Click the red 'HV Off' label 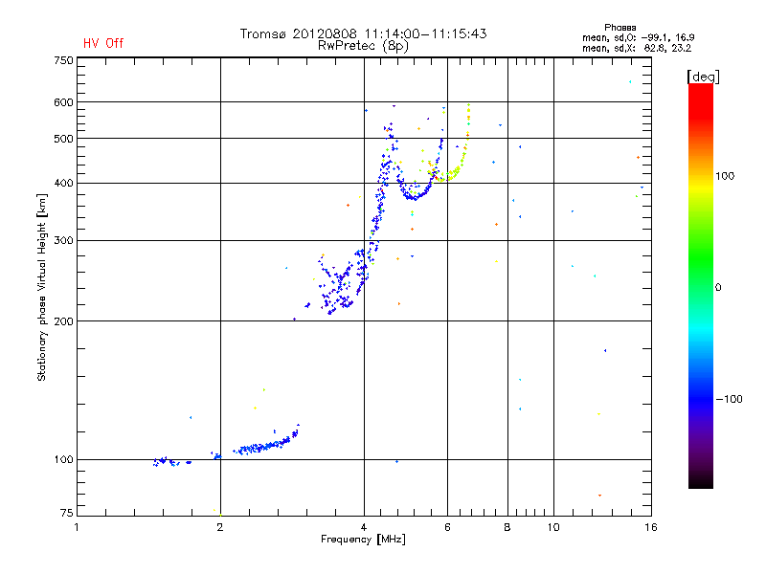102,43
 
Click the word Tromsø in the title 266,33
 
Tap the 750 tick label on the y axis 63,60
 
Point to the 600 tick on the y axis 63,102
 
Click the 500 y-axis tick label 63,139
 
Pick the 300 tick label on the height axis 63,240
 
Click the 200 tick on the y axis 63,321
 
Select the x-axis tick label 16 648,527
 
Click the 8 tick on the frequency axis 507,527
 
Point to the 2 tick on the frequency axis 220,527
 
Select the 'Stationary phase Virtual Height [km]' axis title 42,287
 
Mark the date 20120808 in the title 329,33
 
